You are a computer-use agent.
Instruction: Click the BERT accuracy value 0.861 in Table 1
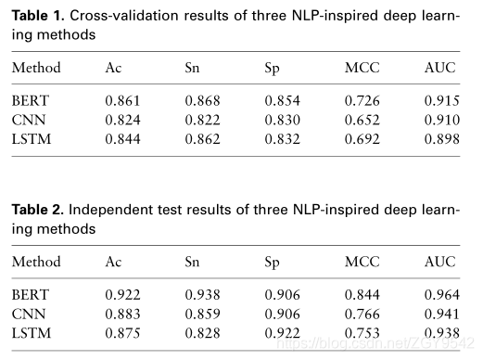point(122,100)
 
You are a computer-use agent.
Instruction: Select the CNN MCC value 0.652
point(362,120)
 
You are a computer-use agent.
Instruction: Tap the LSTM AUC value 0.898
point(442,139)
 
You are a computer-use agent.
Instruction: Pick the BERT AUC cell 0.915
point(442,100)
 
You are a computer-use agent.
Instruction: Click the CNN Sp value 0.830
point(283,120)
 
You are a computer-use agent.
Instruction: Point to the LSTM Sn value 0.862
point(203,139)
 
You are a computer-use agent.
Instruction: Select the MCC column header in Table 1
point(362,68)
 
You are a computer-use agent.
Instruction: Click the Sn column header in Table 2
point(192,262)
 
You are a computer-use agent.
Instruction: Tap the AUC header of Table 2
point(440,262)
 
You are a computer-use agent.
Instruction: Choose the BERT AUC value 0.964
point(442,294)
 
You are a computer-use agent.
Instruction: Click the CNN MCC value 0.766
point(362,314)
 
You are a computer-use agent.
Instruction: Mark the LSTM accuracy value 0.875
point(122,333)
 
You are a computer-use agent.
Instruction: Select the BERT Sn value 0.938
point(203,294)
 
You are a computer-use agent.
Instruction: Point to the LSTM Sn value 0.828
point(203,333)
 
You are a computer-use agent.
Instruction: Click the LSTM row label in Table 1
point(32,139)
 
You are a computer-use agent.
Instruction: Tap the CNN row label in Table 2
point(29,314)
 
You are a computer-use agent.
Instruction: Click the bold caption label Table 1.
point(38,16)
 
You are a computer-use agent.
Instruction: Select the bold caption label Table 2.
point(38,210)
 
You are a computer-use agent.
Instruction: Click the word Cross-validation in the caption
point(124,16)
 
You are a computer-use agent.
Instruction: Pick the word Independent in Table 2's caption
point(110,211)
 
